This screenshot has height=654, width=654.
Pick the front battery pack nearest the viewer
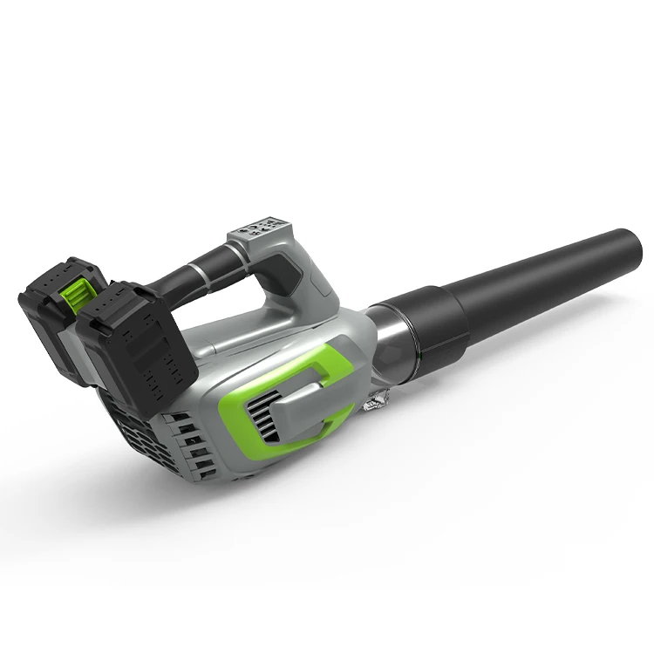140,349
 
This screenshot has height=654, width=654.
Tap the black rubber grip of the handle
187,270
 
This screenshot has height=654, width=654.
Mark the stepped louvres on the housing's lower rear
196,445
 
